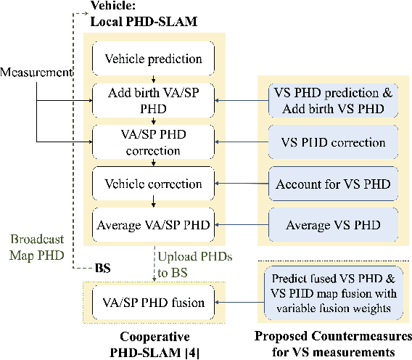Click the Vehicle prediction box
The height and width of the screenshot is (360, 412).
[153, 59]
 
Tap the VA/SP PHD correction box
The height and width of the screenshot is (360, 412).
[153, 143]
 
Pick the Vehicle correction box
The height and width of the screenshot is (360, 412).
[153, 184]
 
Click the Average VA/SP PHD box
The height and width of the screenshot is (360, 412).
[153, 224]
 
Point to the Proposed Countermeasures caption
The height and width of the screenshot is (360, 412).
[333, 343]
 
